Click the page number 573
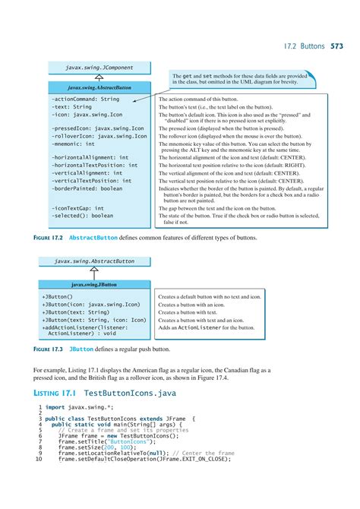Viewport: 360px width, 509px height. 336,46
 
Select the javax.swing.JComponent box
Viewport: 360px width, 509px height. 99,68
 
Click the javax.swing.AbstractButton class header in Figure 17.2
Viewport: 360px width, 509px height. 99,87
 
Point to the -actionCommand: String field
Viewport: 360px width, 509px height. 85,99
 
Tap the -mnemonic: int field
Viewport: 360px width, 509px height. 73,143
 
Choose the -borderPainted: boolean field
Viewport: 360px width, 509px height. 86,188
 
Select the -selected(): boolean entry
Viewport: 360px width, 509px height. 82,216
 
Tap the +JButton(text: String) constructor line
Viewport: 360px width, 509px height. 75,311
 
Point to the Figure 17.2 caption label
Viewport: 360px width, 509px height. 49,238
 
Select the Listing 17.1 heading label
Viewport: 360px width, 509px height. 55,393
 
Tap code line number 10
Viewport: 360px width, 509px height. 38,460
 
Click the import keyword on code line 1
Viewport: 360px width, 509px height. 55,407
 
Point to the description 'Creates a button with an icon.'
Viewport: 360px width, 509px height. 191,304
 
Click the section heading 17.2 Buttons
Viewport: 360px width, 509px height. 302,46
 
